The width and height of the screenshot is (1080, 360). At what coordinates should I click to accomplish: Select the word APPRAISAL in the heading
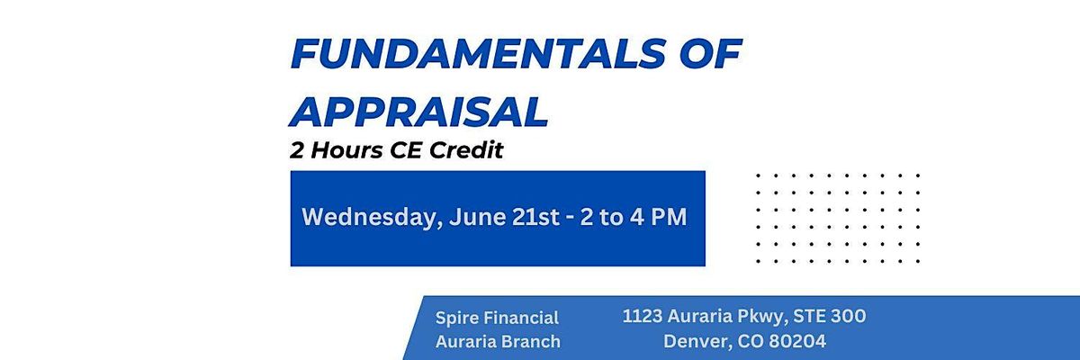pyautogui.click(x=419, y=112)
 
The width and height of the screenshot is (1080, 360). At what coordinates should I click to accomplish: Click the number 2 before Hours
pyautogui.click(x=297, y=150)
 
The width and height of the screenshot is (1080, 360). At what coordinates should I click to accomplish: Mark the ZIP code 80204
pyautogui.click(x=797, y=342)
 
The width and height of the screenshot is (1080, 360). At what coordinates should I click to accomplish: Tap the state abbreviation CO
pyautogui.click(x=751, y=342)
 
